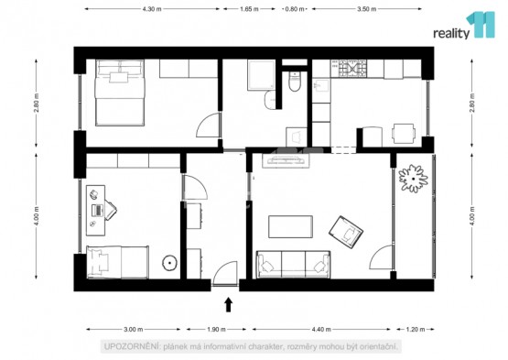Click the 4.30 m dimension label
pyautogui.click(x=152, y=9)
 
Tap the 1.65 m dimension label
pyautogui.click(x=249, y=9)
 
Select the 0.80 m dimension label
pyautogui.click(x=295, y=9)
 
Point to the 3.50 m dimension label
pyautogui.click(x=367, y=9)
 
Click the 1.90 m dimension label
pyautogui.click(x=216, y=330)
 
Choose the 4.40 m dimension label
pyautogui.click(x=321, y=330)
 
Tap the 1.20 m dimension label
pyautogui.click(x=416, y=330)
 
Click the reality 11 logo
pyautogui.click(x=464, y=26)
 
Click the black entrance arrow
pyautogui.click(x=229, y=304)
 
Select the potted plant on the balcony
pyautogui.click(x=413, y=179)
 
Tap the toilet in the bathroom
pyautogui.click(x=295, y=82)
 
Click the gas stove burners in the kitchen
pyautogui.click(x=352, y=69)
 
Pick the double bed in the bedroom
pyautogui.click(x=120, y=93)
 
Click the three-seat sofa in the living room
pyautogui.click(x=293, y=265)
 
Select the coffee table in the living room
pyautogui.click(x=290, y=226)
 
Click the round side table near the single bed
pyautogui.click(x=169, y=263)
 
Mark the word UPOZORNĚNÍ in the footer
pyautogui.click(x=132, y=346)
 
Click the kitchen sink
pyautogui.click(x=320, y=86)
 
